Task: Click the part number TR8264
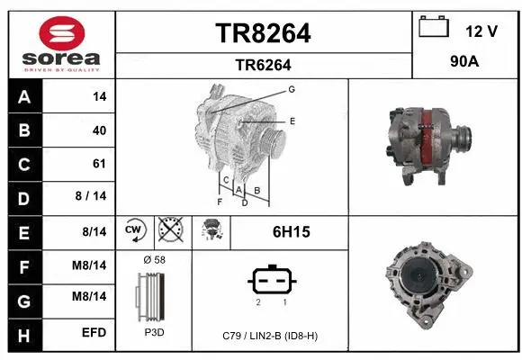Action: coord(263,33)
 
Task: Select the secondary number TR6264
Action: coord(263,65)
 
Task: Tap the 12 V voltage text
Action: coord(481,31)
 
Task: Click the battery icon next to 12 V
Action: coord(434,28)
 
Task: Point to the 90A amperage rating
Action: coord(466,64)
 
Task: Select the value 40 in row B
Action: coord(99,130)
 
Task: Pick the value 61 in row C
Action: coord(99,164)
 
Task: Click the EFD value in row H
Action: coord(94,333)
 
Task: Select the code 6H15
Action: coord(291,232)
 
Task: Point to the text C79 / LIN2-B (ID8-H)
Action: coord(270,335)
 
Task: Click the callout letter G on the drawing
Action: coord(292,89)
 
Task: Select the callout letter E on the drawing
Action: coord(292,120)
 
